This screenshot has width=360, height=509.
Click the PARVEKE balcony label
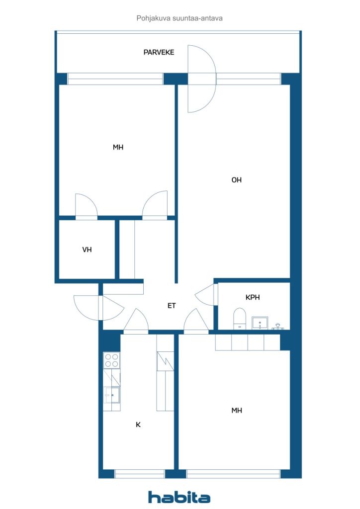(x=159, y=52)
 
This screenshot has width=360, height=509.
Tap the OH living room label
(x=236, y=180)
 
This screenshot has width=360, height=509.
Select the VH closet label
(x=87, y=250)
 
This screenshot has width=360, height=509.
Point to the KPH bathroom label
(x=253, y=297)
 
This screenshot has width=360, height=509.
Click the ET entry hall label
(x=172, y=306)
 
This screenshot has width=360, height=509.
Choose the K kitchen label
(x=138, y=424)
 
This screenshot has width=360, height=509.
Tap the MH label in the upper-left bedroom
(x=118, y=147)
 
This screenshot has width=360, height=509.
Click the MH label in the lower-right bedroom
(x=237, y=411)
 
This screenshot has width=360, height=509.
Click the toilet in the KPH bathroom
(x=240, y=319)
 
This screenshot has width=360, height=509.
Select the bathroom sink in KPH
(x=260, y=323)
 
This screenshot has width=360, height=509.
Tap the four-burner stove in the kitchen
(x=111, y=360)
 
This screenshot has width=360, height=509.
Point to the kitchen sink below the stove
(x=112, y=395)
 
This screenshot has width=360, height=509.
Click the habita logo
(x=179, y=497)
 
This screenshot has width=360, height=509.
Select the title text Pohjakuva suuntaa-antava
(x=180, y=18)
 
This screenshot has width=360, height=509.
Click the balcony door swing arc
(x=202, y=79)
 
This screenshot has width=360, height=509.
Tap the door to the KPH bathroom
(x=205, y=294)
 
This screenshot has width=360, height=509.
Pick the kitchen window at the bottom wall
(x=140, y=474)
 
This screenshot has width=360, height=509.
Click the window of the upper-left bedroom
(x=115, y=79)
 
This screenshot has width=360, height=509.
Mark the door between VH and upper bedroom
(x=87, y=207)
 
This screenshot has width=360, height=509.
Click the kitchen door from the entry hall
(x=136, y=321)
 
